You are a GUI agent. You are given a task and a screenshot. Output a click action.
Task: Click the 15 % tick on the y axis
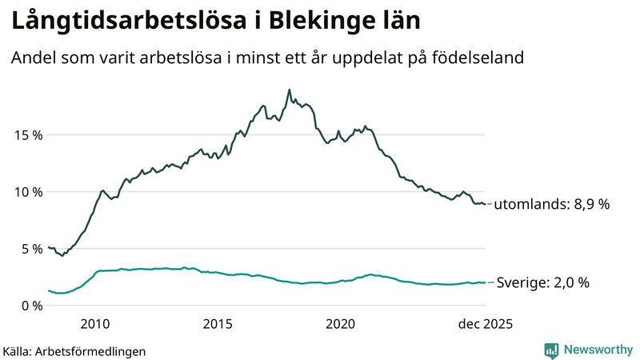[x=27, y=134]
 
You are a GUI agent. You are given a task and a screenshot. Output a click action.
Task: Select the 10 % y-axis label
[x=27, y=191]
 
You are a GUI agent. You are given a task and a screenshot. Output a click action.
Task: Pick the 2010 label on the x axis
[x=94, y=324]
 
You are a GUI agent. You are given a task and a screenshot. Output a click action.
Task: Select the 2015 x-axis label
[x=218, y=324]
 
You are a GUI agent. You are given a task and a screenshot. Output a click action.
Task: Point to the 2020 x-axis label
[x=341, y=324]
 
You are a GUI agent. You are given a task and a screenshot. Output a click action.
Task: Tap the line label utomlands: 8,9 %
[x=551, y=204]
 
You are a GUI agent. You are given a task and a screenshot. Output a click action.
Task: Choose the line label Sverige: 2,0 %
[x=543, y=282]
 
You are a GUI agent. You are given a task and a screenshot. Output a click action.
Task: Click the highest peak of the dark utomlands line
[x=289, y=90]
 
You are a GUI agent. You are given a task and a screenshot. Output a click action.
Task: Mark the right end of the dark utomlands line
[x=486, y=204]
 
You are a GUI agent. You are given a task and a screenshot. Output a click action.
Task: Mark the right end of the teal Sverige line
[x=486, y=282]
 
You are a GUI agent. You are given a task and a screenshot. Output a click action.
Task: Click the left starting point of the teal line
[x=49, y=290]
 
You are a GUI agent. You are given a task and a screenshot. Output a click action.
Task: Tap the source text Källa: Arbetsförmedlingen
[x=74, y=350]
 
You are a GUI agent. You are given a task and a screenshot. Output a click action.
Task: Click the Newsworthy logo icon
[x=551, y=350]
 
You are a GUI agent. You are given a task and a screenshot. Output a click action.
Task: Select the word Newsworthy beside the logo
[x=597, y=350]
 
